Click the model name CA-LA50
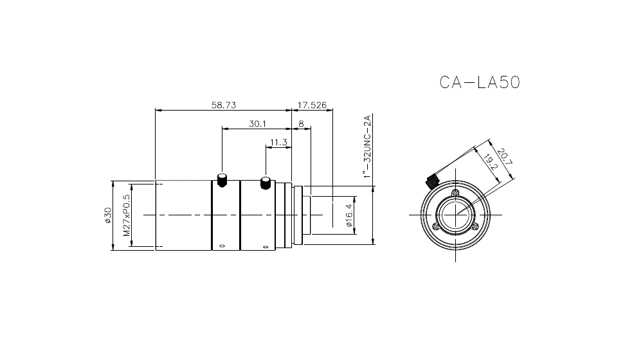tap(479, 83)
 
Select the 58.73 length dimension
tap(224, 105)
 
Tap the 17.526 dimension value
tap(313, 105)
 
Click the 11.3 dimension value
tap(278, 142)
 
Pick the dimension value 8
tap(301, 123)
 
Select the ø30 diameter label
tap(108, 215)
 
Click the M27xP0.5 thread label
tap(127, 215)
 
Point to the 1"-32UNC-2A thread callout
tap(367, 147)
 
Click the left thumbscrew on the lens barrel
tap(222, 179)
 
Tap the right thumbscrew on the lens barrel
tap(265, 183)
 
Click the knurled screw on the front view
tap(432, 181)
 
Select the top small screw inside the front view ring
tap(455, 194)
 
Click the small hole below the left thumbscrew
tap(222, 246)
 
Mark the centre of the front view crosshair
tap(455, 215)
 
